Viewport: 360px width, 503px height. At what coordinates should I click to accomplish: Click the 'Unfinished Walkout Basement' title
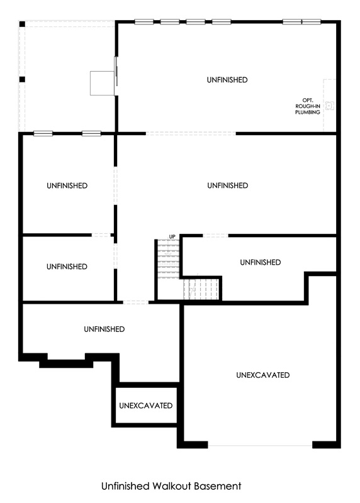click(171, 486)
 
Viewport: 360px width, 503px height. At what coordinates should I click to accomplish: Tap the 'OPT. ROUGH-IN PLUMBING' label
click(308, 106)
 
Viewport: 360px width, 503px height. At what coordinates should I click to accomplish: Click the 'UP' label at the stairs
click(172, 237)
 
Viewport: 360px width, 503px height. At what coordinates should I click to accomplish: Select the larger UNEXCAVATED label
click(262, 375)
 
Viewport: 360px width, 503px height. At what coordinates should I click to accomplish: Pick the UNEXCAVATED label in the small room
click(146, 406)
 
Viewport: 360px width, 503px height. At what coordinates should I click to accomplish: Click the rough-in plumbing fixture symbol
click(329, 105)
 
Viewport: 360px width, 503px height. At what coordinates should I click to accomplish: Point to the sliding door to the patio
click(116, 71)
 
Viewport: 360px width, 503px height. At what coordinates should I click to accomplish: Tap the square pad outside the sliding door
click(102, 83)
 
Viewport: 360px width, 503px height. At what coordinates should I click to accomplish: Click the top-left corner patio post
click(22, 24)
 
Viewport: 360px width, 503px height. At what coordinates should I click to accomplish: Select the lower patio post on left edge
click(22, 80)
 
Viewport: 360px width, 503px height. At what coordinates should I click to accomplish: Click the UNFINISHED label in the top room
click(227, 80)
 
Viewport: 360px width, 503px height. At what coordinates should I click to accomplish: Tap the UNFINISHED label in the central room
click(227, 185)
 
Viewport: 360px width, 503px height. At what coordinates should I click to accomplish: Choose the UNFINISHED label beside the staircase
click(260, 262)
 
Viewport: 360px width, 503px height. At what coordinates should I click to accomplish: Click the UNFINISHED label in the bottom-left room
click(104, 329)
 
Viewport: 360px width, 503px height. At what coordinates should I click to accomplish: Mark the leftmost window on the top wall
click(144, 22)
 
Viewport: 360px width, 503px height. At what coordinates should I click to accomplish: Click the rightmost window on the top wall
click(311, 22)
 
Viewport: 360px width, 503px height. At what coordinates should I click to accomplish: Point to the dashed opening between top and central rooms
click(191, 133)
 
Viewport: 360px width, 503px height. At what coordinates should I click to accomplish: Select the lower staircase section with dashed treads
click(201, 289)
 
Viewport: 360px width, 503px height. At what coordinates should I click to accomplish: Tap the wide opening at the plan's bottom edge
click(260, 445)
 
